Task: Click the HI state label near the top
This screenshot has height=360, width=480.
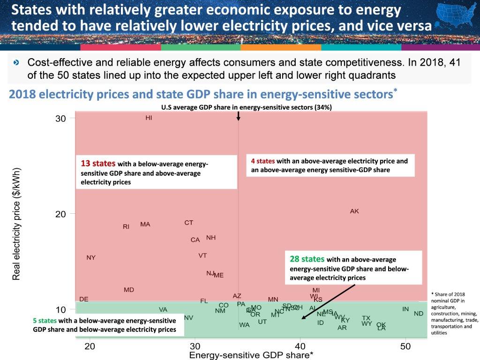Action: (149, 118)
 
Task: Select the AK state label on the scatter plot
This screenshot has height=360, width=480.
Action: (354, 211)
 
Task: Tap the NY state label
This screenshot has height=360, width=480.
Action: (91, 258)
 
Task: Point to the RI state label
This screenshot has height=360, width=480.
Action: (126, 227)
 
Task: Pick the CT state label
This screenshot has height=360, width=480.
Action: (188, 223)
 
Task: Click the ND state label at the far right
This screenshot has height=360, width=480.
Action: (419, 314)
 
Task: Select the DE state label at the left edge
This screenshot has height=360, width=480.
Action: (84, 299)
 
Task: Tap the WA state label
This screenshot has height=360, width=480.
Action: (244, 325)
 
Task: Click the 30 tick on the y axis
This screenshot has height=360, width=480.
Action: (61, 118)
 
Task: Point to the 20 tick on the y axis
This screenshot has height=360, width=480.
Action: (61, 214)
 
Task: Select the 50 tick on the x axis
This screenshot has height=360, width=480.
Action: (405, 346)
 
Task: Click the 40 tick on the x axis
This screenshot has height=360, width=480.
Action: (300, 346)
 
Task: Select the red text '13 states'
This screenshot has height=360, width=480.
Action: (98, 164)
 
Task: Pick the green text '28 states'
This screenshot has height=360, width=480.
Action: (307, 259)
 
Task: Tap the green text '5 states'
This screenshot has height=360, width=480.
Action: (45, 321)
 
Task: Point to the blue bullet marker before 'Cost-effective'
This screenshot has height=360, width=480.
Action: (17, 62)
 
